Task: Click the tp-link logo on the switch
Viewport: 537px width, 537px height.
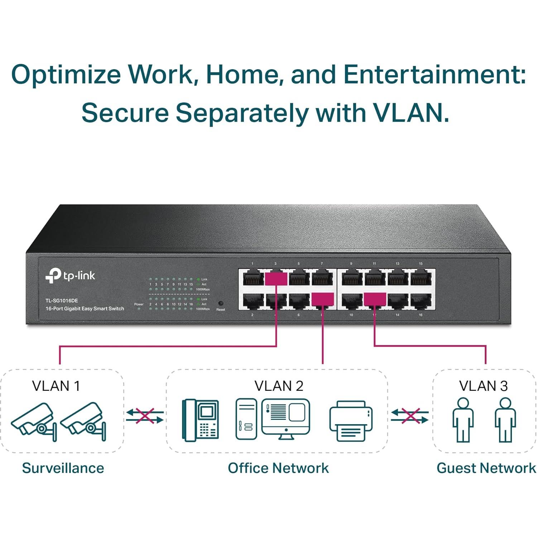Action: coord(70,275)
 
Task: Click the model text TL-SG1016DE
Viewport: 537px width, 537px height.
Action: coord(61,301)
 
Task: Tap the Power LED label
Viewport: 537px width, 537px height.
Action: coord(139,304)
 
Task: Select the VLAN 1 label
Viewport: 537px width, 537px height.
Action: coord(56,386)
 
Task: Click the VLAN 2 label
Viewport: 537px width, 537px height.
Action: coord(279,386)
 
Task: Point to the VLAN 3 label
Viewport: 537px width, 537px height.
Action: coord(483,386)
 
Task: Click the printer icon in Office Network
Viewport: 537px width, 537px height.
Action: coord(351,421)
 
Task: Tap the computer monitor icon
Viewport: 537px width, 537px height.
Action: coord(286,418)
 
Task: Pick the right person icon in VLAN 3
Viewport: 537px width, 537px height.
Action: coord(505,420)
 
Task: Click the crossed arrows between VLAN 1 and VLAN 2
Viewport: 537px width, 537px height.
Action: coord(145,416)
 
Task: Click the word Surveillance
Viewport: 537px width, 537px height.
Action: coord(63,468)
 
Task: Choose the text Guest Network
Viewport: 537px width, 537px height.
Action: coord(486,468)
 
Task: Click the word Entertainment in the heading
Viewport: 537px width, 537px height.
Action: coord(434,75)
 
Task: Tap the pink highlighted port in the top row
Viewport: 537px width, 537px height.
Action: coord(276,278)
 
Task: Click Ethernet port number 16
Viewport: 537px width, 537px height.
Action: coord(421,301)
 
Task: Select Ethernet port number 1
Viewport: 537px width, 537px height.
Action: coord(253,278)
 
